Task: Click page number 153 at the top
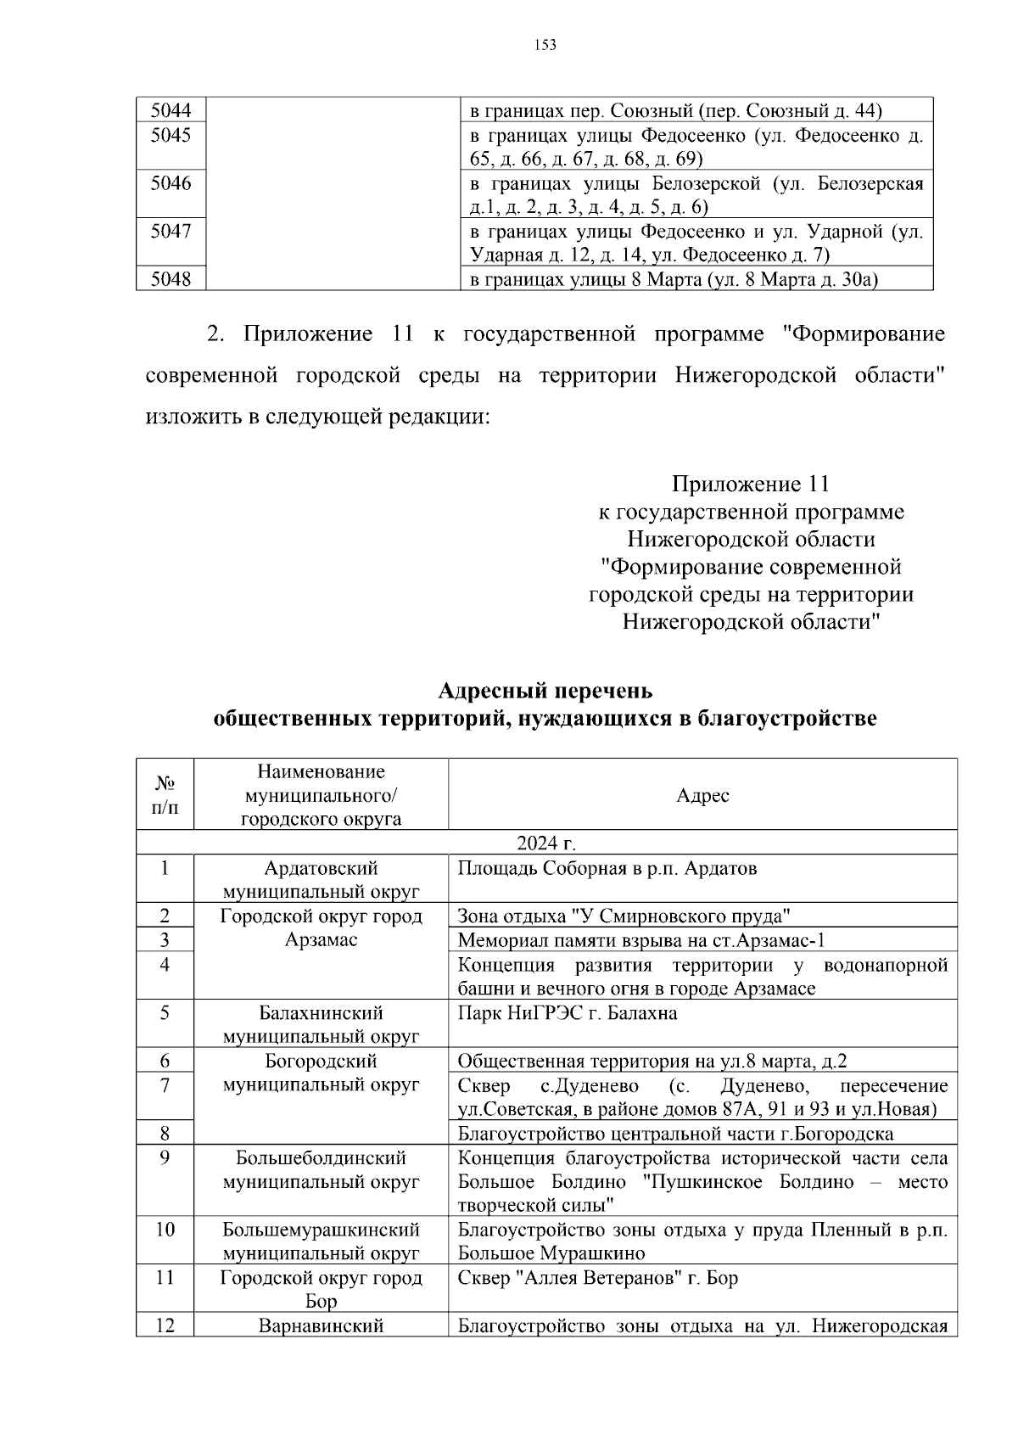click(x=545, y=45)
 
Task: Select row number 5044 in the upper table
click(x=171, y=110)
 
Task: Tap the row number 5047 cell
click(x=171, y=232)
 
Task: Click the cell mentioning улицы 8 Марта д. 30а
click(x=674, y=280)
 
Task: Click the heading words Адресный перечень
click(x=545, y=690)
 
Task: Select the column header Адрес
click(x=702, y=795)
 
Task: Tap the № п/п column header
click(x=165, y=795)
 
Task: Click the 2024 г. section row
click(x=545, y=843)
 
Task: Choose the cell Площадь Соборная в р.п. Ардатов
click(x=607, y=869)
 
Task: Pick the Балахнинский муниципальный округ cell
click(x=321, y=1024)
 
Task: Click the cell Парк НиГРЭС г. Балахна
click(x=568, y=1013)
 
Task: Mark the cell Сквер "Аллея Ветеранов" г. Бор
click(x=598, y=1278)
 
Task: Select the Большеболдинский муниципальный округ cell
click(x=321, y=1170)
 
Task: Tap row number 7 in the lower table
click(x=165, y=1085)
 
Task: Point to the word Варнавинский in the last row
click(x=321, y=1325)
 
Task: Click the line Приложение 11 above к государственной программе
click(x=750, y=485)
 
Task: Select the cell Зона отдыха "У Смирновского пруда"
click(x=624, y=916)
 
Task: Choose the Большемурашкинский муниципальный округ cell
click(x=321, y=1241)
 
